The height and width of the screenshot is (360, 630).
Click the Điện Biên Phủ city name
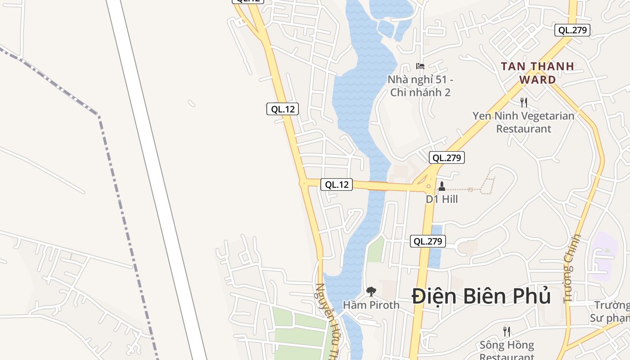click(481, 296)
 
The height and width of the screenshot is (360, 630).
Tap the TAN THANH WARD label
click(538, 73)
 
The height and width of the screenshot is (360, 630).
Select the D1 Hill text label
click(442, 199)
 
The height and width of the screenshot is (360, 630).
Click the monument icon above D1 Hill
click(442, 186)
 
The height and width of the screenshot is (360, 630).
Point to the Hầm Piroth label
click(371, 305)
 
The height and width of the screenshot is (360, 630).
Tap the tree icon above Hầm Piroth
click(371, 292)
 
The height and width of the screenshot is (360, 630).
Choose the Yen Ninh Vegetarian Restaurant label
click(523, 122)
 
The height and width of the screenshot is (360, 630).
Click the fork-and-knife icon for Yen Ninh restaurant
click(523, 103)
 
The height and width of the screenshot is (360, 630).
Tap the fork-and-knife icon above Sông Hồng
click(507, 332)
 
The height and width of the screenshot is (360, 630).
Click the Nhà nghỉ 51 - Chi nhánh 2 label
click(421, 86)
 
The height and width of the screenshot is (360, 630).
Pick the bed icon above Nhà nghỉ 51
click(420, 66)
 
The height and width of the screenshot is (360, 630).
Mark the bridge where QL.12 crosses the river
click(378, 186)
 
